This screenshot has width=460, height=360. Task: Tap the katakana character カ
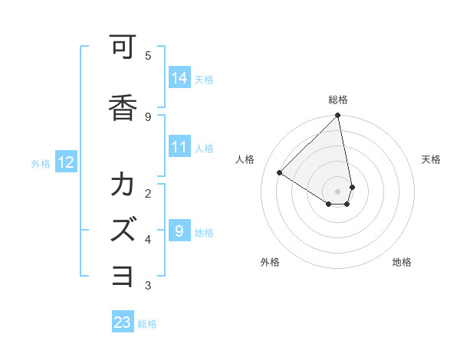pos(122,186)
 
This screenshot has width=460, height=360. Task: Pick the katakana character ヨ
pos(122,274)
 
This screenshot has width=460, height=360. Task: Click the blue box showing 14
pos(179,77)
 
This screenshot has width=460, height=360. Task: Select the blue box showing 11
pos(179,147)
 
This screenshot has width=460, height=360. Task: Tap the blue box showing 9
pos(179,231)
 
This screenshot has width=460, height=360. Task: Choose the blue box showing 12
pos(65,162)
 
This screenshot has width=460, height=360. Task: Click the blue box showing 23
pos(123,322)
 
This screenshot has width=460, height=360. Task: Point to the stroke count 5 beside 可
pos(147,56)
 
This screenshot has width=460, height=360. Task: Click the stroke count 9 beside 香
pos(147,116)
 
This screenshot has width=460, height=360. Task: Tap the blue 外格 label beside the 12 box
pos(41,163)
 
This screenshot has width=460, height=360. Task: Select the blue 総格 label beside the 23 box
pos(147,324)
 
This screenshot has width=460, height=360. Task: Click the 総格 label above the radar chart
pos(338,100)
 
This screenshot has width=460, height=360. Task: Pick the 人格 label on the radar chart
pos(246,159)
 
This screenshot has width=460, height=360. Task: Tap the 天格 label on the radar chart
pos(431,159)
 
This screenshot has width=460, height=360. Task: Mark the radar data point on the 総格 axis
pos(338,116)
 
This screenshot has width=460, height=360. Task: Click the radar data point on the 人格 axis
pos(279,173)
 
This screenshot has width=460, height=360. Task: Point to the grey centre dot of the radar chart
pos(338,191)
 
